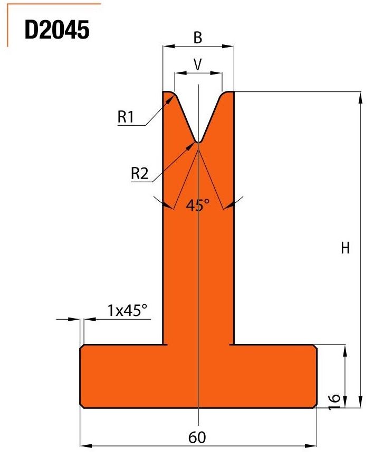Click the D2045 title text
click(57, 30)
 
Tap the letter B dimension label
click(197, 38)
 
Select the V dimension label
click(197, 64)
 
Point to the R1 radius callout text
click(126, 117)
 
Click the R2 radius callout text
click(140, 173)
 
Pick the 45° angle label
click(197, 205)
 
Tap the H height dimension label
click(345, 248)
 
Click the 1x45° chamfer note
click(127, 310)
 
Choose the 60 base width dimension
click(197, 437)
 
